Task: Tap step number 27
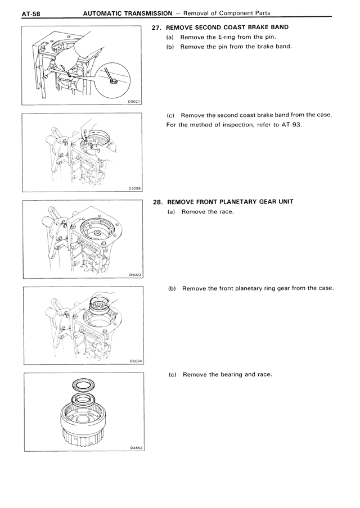(157, 27)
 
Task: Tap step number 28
(157, 202)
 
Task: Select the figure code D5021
(134, 101)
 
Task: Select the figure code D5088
(134, 188)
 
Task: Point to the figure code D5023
(134, 275)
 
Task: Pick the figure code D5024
(134, 361)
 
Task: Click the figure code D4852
(134, 448)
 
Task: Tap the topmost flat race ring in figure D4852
(84, 385)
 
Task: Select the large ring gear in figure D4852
(84, 424)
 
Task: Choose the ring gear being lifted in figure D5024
(101, 306)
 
